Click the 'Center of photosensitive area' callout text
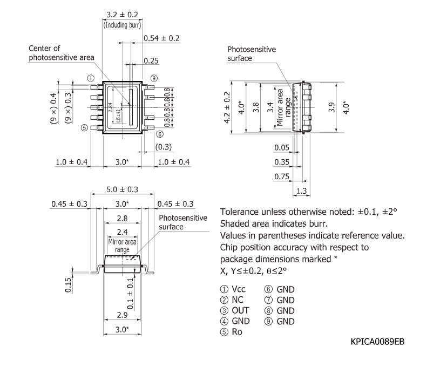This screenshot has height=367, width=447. [62, 53]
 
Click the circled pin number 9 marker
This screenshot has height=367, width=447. [154, 79]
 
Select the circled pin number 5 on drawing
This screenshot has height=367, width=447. [84, 128]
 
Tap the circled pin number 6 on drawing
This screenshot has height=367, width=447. [160, 134]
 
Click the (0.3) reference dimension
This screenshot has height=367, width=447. [164, 147]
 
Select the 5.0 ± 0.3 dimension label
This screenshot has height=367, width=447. [122, 189]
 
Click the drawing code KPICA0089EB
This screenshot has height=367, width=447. [377, 343]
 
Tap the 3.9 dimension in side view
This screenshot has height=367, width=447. [332, 107]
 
